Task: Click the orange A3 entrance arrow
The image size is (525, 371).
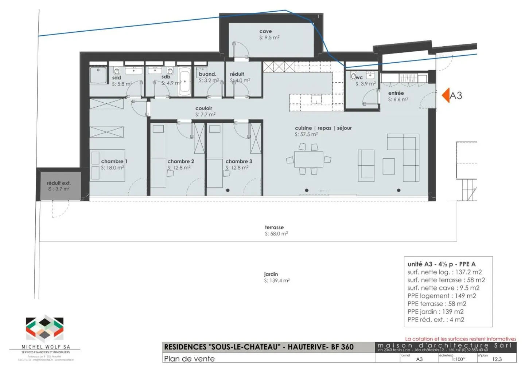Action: point(446,95)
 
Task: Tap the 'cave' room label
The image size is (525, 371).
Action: point(265,31)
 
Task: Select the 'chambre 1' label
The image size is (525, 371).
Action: point(114,161)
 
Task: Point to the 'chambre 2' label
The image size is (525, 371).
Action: point(180,161)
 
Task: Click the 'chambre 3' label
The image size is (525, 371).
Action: point(238,161)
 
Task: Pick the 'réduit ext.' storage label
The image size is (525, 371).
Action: point(58,183)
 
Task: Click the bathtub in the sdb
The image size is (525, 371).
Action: point(184,82)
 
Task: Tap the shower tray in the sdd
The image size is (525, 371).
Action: point(98,75)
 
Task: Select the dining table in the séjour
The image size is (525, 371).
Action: point(308,159)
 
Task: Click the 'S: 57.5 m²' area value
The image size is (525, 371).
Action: point(306,134)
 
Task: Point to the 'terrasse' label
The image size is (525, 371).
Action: point(274,227)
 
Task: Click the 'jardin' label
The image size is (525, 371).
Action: point(271,274)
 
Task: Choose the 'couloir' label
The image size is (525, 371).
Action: point(203,108)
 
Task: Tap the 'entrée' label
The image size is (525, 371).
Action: point(396,93)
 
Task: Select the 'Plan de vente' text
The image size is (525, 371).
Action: point(189,359)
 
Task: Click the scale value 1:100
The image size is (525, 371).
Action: point(458,359)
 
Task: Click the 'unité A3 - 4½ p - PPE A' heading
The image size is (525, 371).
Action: point(441,264)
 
